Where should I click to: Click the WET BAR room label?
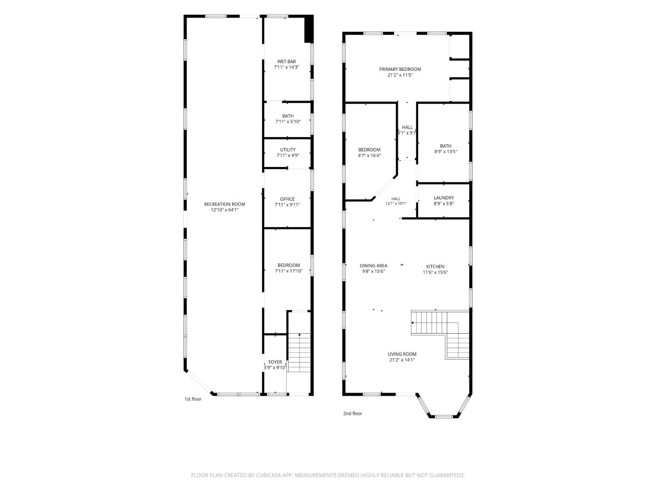tap(286, 62)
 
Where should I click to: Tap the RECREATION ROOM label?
tap(224, 204)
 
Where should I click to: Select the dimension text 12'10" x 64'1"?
tap(224, 210)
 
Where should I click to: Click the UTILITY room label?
tap(287, 150)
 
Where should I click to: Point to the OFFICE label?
tap(287, 199)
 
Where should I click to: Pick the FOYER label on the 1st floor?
tap(275, 362)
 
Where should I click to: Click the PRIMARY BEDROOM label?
tap(400, 69)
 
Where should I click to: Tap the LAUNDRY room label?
tap(443, 198)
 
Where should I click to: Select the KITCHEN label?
tap(435, 266)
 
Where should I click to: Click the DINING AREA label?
tap(373, 265)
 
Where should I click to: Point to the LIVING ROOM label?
tap(402, 354)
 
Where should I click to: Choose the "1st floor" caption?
tap(193, 399)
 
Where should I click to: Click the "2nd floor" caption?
tap(352, 413)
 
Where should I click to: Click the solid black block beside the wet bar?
tap(309, 29)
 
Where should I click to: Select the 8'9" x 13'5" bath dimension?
tap(445, 151)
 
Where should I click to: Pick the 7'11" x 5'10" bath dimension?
tap(287, 122)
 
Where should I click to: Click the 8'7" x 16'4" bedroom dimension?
tap(369, 155)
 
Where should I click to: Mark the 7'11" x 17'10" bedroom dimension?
tap(288, 271)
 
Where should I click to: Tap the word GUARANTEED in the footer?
tap(447, 475)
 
